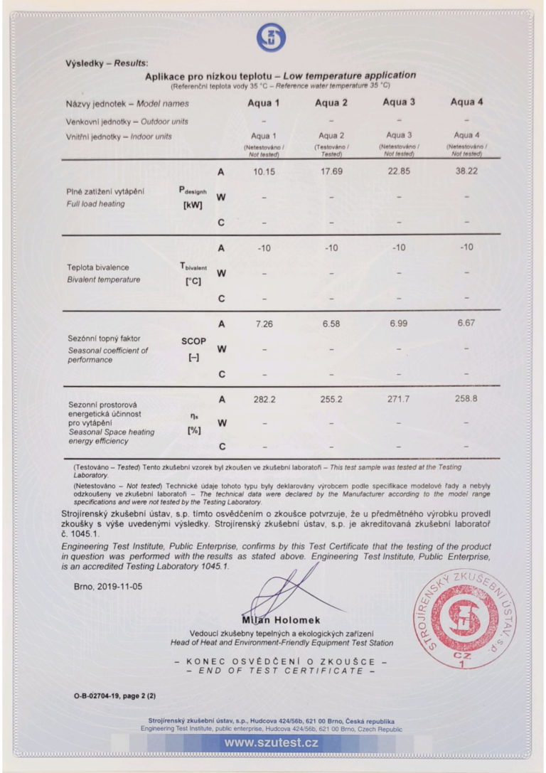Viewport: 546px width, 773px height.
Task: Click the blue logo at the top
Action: tap(271, 36)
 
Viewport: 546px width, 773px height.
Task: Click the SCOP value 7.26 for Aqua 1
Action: tap(264, 324)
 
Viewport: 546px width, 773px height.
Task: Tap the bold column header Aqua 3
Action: tap(399, 102)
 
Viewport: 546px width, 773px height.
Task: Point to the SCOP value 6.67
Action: tap(466, 324)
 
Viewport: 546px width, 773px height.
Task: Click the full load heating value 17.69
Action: tap(331, 171)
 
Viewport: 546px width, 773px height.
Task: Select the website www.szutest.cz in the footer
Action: tap(272, 743)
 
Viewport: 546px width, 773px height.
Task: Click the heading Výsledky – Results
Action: tap(102, 63)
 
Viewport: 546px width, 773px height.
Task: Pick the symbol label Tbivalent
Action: tap(193, 267)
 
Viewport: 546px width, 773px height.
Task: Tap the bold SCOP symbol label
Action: tap(193, 341)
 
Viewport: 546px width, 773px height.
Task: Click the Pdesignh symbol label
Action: tap(193, 191)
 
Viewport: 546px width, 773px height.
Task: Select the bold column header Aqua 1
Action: tap(264, 103)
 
